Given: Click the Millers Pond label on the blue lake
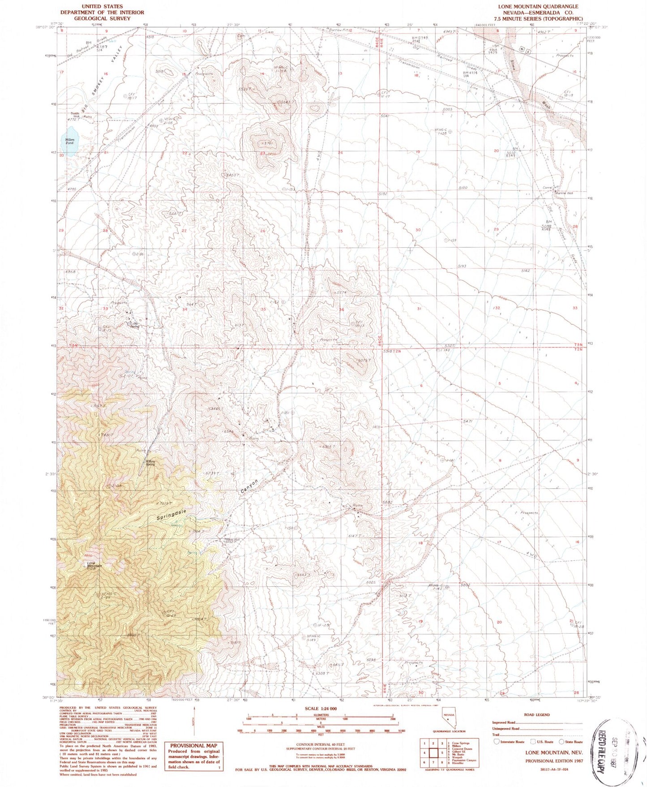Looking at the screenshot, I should pyautogui.click(x=69, y=141).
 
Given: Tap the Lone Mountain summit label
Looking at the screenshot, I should pyautogui.click(x=91, y=564).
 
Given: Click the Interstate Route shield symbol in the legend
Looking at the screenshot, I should pyautogui.click(x=496, y=741).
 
